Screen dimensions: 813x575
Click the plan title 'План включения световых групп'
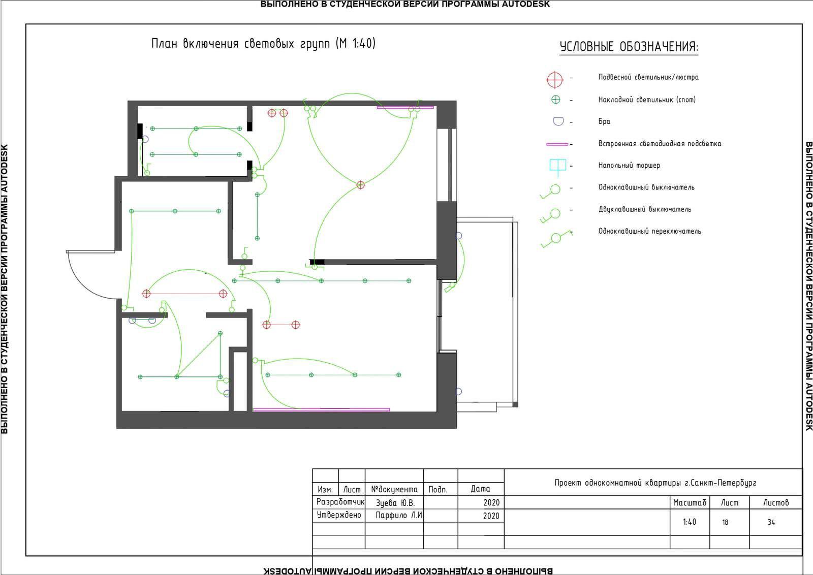[x=240, y=44]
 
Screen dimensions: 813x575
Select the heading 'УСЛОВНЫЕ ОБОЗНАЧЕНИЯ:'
[x=629, y=47]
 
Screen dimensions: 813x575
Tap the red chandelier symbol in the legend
[x=554, y=80]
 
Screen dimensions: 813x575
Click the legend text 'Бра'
[x=604, y=121]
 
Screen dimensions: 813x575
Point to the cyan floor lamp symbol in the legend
[x=557, y=166]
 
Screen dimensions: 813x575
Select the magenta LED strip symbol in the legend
[x=557, y=144]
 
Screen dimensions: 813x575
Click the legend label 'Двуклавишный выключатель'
[x=645, y=209]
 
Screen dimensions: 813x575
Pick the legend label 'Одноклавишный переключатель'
[x=650, y=231]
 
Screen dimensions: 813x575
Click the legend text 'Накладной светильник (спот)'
[x=647, y=100]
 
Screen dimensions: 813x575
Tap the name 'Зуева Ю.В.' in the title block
[x=395, y=503]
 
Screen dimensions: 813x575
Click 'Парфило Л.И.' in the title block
[x=399, y=515]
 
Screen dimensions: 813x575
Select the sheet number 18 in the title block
[x=725, y=522]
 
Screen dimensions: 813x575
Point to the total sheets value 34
[x=771, y=522]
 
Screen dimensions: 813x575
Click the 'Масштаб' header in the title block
[x=690, y=502]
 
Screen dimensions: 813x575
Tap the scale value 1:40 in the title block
[x=689, y=522]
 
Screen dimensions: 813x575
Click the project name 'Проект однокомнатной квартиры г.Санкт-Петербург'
[x=655, y=483]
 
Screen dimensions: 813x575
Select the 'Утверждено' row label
[x=339, y=515]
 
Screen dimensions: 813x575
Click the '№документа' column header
[x=394, y=489]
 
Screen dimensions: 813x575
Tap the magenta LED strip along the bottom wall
[x=321, y=410]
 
